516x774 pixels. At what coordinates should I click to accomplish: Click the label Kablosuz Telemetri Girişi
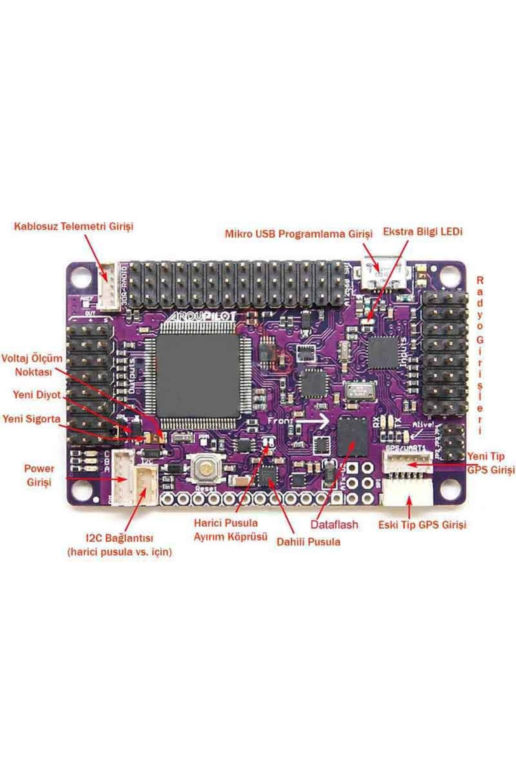click(x=74, y=226)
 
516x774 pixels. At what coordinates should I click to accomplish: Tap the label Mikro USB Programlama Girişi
click(x=298, y=234)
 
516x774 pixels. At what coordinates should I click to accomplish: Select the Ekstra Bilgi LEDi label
click(x=423, y=232)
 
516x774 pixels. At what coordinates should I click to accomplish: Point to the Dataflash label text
click(x=334, y=525)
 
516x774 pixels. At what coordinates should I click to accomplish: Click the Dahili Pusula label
click(x=308, y=542)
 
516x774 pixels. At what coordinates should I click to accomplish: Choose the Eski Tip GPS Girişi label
click(x=422, y=525)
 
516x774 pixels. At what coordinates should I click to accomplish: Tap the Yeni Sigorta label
click(x=31, y=419)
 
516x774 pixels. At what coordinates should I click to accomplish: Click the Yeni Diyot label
click(x=37, y=395)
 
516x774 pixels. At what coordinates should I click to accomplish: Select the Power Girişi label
click(x=39, y=475)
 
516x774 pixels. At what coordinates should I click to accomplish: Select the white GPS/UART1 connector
click(x=407, y=464)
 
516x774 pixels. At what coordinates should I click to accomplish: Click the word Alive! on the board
click(x=423, y=424)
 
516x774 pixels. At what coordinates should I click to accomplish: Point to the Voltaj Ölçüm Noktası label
click(x=32, y=365)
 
